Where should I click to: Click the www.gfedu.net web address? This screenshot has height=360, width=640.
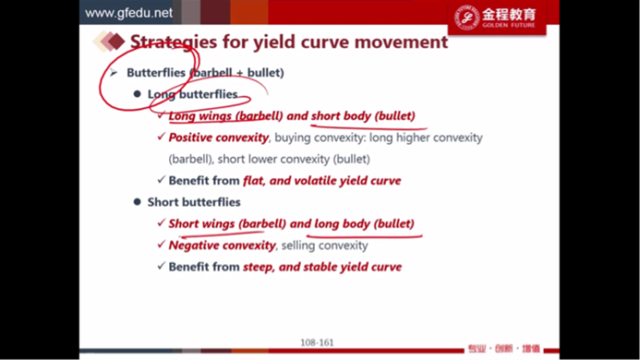pos(128,13)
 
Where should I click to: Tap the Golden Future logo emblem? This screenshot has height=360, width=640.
pos(466,18)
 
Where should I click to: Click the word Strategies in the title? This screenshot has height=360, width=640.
pos(174,42)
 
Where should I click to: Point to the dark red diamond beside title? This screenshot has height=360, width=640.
pos(116,42)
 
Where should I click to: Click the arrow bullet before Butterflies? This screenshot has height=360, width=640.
pos(114,73)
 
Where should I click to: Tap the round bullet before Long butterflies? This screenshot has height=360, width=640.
pos(137,94)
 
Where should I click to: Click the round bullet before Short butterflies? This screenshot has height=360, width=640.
pos(137,201)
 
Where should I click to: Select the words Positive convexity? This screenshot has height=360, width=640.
pos(219,138)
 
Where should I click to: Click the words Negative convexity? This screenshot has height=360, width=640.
pos(222,246)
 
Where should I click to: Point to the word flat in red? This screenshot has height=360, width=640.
pos(253,180)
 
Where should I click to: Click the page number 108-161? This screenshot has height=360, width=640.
pos(317,342)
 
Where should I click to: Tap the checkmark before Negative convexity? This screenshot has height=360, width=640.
pos(162,245)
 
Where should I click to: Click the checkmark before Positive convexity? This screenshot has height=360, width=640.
pos(162,137)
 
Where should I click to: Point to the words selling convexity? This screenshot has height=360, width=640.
pos(325,246)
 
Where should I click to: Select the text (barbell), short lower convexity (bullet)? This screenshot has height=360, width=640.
pos(270,159)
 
